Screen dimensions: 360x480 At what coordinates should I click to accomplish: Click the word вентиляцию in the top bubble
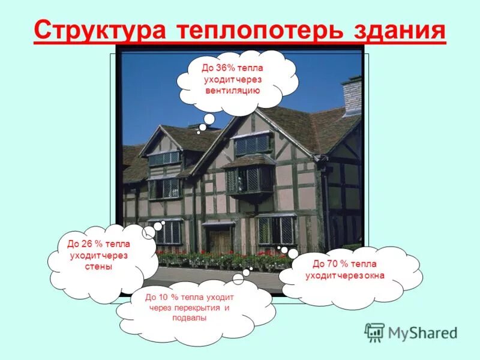point(232,91)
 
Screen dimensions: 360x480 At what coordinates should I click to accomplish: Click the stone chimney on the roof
point(352,96)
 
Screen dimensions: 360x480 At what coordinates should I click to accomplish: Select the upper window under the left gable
point(164,158)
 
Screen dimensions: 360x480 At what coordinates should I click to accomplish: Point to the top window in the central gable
point(252,144)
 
